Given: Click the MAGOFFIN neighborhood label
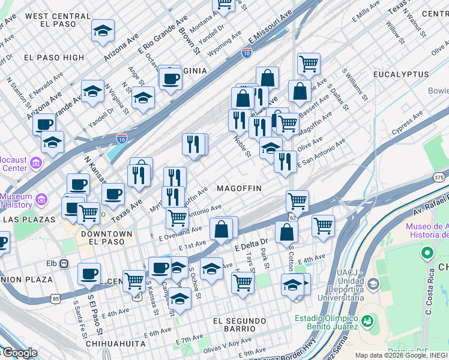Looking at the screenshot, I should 239,188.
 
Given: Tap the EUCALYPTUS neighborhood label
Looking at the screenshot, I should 401,74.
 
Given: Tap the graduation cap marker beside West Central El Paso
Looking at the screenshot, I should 103,31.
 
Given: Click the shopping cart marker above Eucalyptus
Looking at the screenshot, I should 309,63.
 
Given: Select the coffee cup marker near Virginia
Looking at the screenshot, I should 170,78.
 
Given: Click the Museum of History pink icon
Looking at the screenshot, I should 41,199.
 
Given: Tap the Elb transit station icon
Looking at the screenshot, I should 64,263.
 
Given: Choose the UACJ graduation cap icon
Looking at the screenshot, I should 373,283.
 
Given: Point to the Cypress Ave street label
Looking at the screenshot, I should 406,124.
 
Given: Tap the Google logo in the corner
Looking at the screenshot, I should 19,353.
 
